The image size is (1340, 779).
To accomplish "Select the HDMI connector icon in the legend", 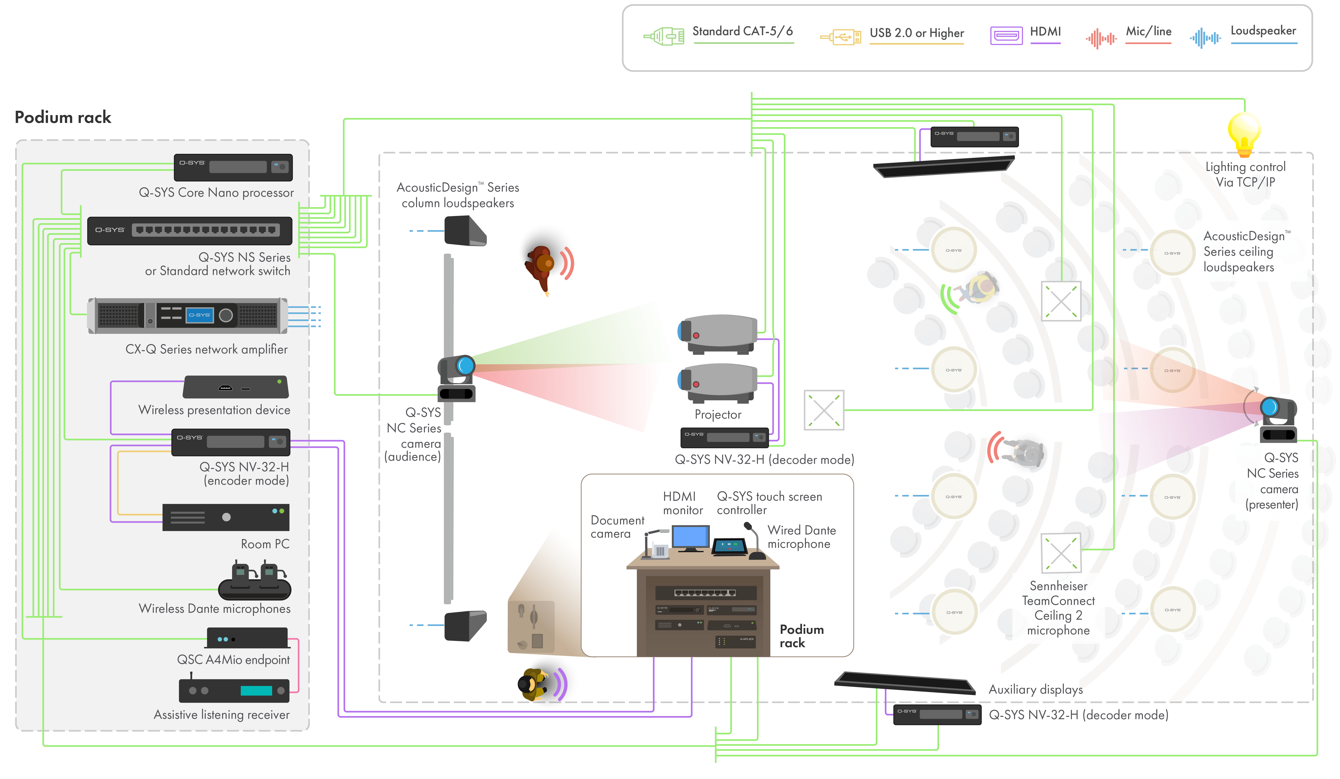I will pyautogui.click(x=1006, y=36).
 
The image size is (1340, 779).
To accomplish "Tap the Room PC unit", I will pyautogui.click(x=226, y=517).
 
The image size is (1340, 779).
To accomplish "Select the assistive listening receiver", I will pyautogui.click(x=234, y=690).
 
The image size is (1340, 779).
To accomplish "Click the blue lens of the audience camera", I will pyautogui.click(x=466, y=365).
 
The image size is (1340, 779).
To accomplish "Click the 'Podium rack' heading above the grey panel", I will pyautogui.click(x=63, y=117).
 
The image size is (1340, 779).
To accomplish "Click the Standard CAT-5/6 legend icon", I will pyautogui.click(x=664, y=36).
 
